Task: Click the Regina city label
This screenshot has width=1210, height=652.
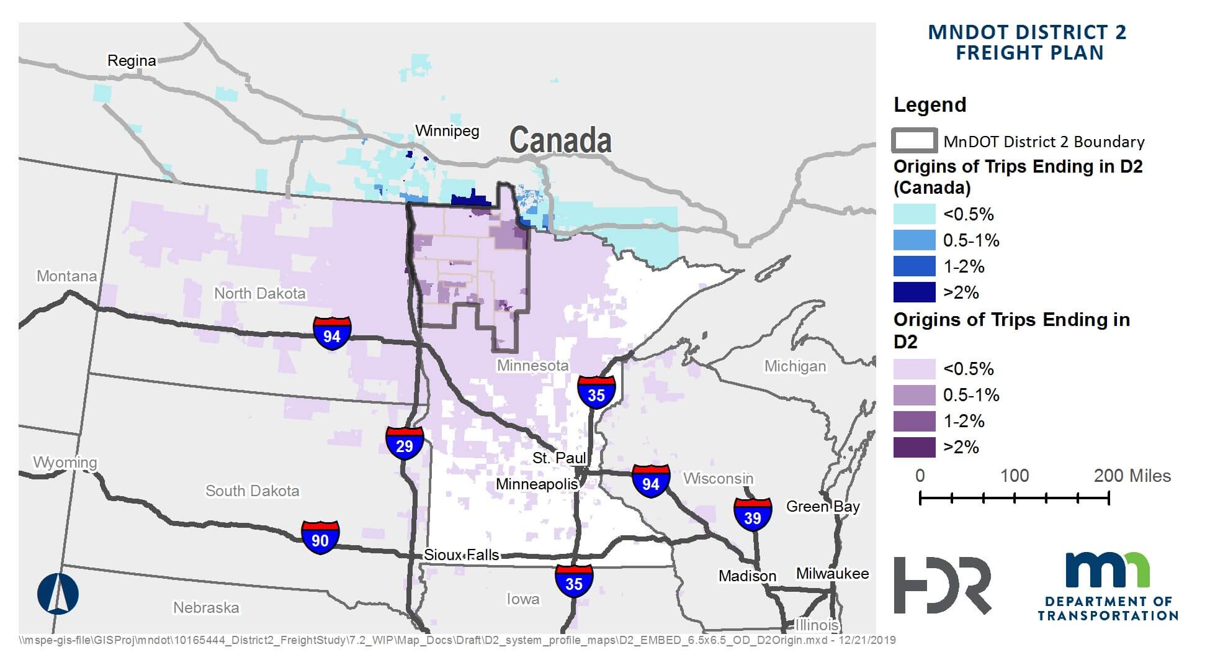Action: click(132, 61)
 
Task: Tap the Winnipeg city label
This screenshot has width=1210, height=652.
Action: click(447, 131)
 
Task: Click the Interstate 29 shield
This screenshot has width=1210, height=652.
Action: click(404, 443)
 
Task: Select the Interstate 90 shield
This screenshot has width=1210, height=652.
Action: click(320, 538)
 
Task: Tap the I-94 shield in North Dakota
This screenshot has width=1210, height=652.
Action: click(332, 333)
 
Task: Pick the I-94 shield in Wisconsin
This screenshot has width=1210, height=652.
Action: click(650, 481)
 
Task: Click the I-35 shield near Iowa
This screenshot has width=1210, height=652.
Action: click(574, 581)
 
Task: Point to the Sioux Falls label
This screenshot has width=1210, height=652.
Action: click(461, 555)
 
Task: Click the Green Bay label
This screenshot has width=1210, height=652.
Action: click(823, 507)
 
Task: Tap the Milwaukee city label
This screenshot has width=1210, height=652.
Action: click(832, 574)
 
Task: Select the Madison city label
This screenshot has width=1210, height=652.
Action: click(747, 576)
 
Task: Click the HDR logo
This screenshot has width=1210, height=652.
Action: click(942, 585)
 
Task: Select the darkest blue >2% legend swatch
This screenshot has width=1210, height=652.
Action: click(914, 292)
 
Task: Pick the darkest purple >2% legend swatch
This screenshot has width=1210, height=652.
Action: click(914, 447)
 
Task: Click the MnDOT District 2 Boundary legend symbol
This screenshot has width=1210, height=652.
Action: click(914, 141)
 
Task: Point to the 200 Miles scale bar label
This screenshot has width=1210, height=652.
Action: click(1132, 476)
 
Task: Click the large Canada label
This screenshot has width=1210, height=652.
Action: click(560, 140)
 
